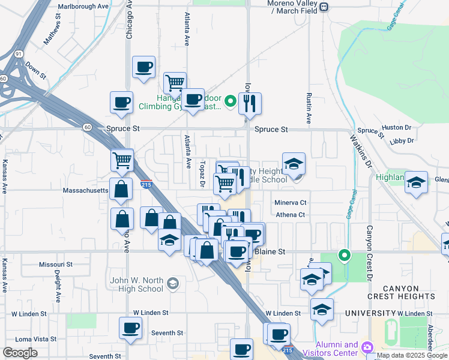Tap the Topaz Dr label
point(203,169)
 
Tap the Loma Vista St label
point(32,339)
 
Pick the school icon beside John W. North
point(173,283)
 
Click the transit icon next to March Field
point(324,7)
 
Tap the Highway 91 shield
point(20,54)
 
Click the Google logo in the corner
point(20,353)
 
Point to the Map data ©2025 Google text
point(412,356)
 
